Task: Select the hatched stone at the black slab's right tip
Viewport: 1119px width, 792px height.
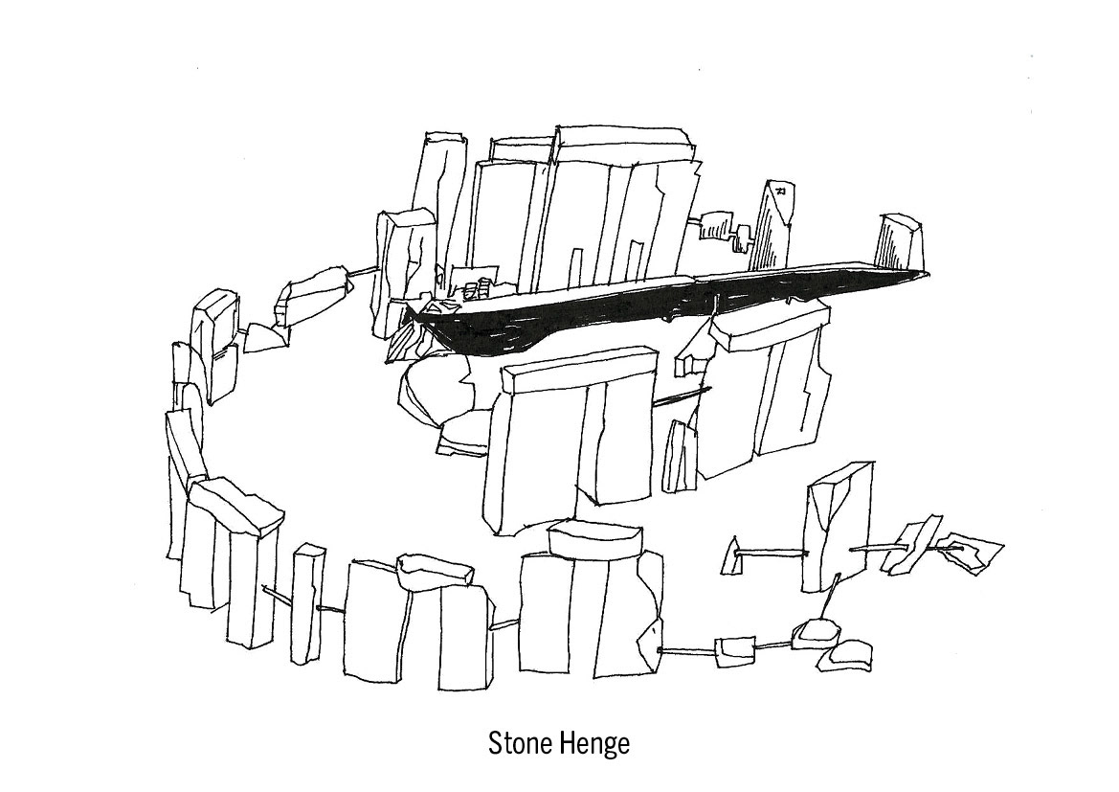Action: (x=900, y=244)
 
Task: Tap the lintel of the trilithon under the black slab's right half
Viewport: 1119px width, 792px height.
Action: (x=766, y=326)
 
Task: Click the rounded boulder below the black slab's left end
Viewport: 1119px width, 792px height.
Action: (x=436, y=388)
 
